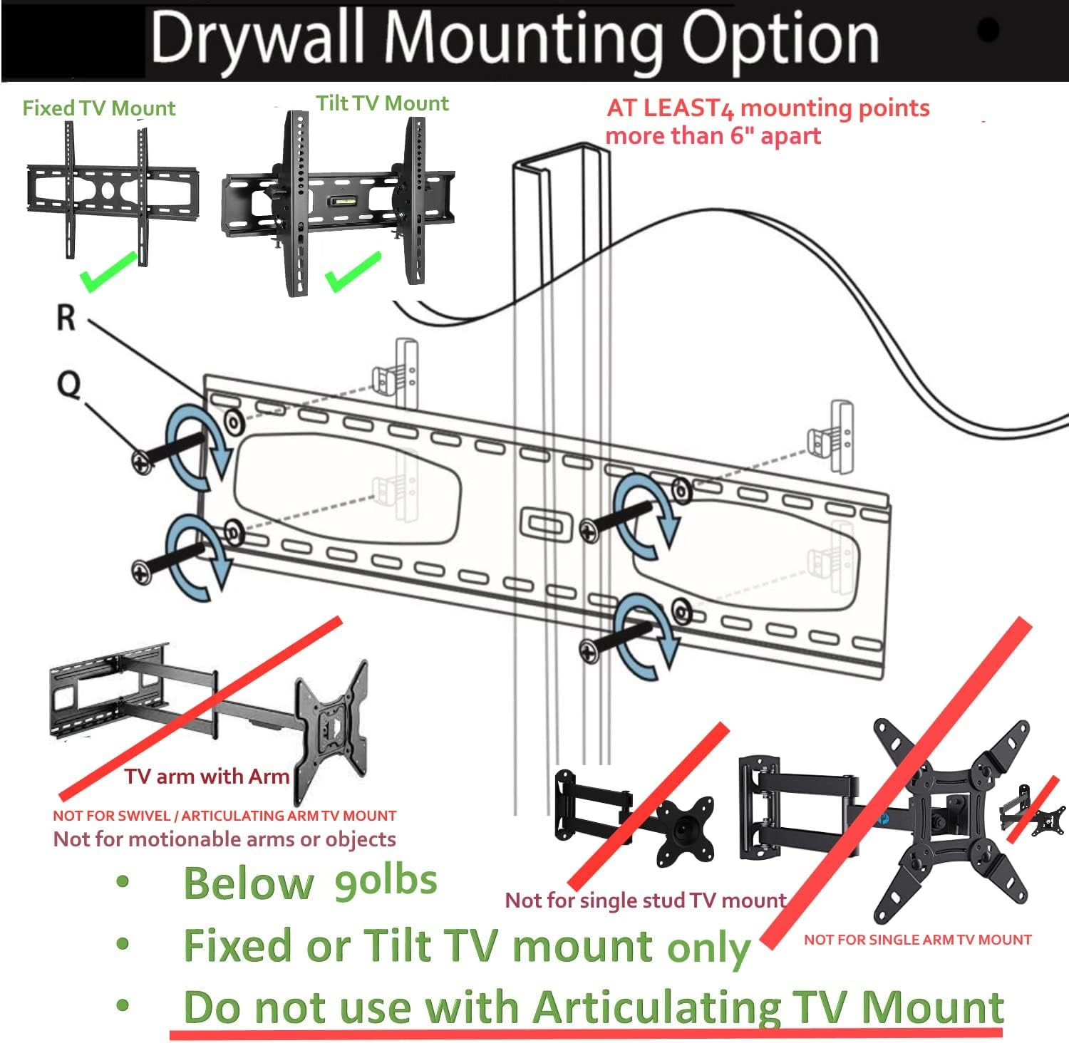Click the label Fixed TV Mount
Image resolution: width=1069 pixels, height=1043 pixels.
coord(98,108)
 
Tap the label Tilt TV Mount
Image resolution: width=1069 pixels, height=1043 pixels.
coord(383,104)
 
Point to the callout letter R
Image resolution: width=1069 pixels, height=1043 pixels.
coord(66,318)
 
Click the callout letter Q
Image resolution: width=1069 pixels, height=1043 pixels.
coord(68,385)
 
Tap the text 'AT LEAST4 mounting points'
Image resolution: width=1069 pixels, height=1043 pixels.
coord(768,108)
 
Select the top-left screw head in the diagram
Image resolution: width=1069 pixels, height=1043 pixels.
coord(142,462)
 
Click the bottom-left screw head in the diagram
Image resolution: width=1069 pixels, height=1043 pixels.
coord(142,572)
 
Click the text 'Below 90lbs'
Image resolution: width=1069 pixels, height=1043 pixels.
coord(310,883)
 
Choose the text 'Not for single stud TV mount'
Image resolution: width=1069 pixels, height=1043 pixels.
coord(645,901)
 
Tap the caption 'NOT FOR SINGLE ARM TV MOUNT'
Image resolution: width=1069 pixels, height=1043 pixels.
coord(917,940)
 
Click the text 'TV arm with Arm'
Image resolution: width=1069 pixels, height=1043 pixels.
coord(207,777)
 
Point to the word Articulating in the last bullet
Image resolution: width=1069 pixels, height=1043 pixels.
coord(656,1007)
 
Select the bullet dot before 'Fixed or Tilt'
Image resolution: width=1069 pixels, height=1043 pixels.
coord(123,945)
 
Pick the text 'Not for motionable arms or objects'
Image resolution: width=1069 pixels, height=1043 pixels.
coord(224,839)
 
